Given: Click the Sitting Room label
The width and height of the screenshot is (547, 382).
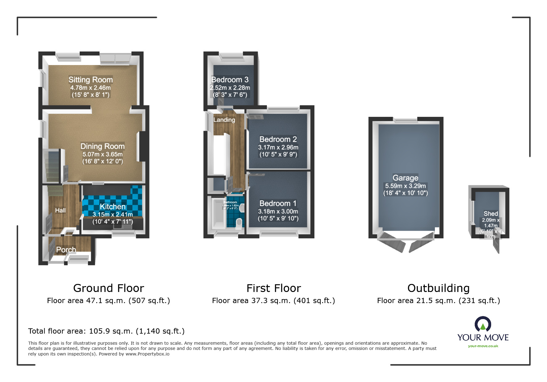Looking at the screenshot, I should click(90, 80).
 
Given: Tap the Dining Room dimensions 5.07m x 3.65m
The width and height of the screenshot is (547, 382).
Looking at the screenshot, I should click(103, 154).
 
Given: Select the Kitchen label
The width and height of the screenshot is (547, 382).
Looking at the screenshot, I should click(113, 207).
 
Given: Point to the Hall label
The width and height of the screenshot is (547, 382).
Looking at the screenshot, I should click(60, 210).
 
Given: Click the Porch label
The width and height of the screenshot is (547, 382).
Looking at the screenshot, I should click(66, 249).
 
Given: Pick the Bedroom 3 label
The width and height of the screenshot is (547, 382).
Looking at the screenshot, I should click(230, 80).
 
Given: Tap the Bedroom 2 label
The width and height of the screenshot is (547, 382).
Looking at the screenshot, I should click(278, 139).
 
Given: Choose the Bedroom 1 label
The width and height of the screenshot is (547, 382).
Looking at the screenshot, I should click(278, 203).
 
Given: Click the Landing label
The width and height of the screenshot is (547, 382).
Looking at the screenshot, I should click(224, 120).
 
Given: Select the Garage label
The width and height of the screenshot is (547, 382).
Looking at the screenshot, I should click(405, 178).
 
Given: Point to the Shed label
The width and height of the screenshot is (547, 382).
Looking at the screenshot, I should click(490, 214).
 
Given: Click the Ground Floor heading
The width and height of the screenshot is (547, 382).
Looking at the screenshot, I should click(109, 288).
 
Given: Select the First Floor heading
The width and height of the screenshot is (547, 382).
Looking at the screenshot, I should click(274, 288).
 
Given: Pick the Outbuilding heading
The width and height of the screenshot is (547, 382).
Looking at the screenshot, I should click(438, 288).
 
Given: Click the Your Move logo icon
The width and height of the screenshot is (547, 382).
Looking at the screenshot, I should click(483, 324).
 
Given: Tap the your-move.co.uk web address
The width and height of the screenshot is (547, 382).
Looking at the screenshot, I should click(483, 346).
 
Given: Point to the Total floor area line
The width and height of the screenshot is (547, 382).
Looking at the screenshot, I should click(106, 331).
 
